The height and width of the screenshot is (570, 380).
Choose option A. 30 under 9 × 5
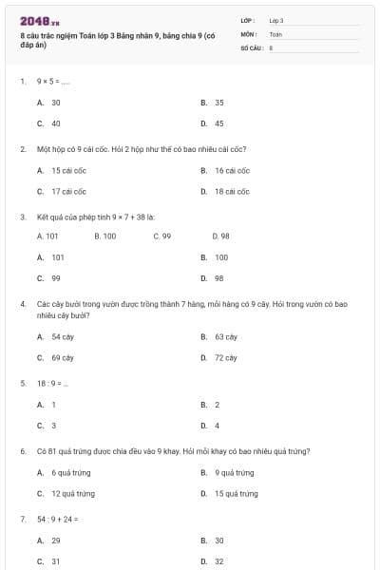click(x=49, y=102)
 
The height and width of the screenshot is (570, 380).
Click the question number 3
click(x=23, y=217)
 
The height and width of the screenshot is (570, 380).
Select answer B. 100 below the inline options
click(x=215, y=256)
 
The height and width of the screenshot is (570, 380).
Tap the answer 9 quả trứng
click(x=228, y=472)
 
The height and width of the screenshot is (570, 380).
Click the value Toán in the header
click(x=275, y=33)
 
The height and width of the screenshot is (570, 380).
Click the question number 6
click(x=23, y=451)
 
